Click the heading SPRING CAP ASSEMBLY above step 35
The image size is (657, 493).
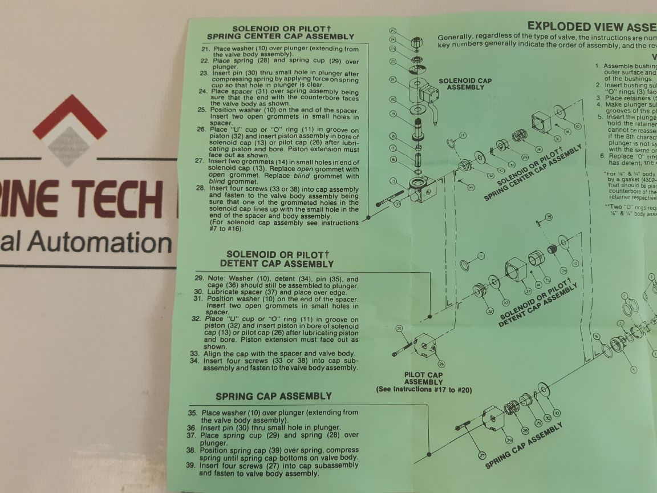[273, 396]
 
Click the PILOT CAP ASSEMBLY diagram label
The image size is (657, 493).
[423, 378]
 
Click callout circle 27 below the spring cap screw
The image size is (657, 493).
[482, 455]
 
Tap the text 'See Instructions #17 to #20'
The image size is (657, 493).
[423, 389]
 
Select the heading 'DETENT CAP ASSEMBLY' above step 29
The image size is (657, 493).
[277, 264]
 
